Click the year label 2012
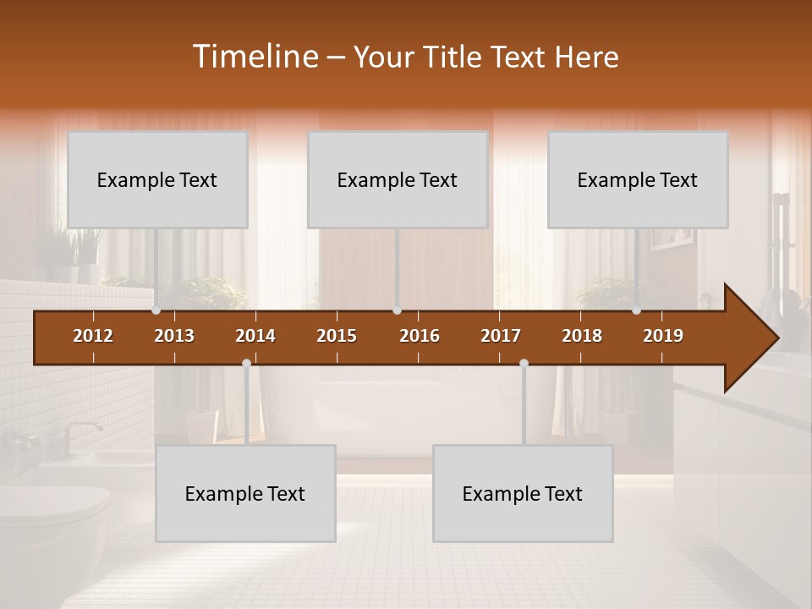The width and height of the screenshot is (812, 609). coord(93,336)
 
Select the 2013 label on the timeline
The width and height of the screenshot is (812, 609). coord(174,336)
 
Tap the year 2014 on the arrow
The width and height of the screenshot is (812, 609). coord(255,336)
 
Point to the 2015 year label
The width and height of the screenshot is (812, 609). coord(337,336)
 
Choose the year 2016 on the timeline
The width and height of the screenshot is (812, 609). coord(420,336)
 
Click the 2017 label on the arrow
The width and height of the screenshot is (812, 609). coord(501,336)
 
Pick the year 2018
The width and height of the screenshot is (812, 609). coord(582,336)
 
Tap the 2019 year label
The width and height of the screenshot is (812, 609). coord(663,336)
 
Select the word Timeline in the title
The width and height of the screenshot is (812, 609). coord(255,57)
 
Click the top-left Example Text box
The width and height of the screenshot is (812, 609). coord(157,179)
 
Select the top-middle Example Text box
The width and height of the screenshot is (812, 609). coord(398,179)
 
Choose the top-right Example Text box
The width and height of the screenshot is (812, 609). coord(638,179)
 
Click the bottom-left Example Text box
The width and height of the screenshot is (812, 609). coord(245,493)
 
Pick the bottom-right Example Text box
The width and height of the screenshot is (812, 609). coord(523,493)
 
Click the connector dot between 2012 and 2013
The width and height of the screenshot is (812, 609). coord(156,310)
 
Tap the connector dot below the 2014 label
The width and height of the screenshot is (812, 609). coord(246,364)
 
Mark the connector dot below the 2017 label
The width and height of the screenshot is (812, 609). coord(524,364)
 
